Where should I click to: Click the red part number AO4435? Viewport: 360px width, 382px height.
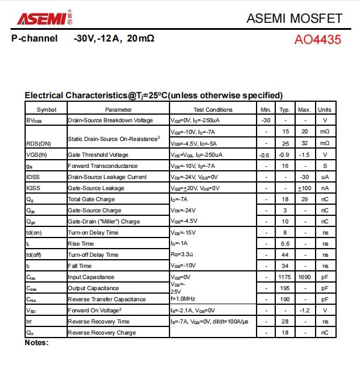click(x=317, y=40)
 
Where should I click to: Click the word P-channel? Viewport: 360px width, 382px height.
click(x=34, y=39)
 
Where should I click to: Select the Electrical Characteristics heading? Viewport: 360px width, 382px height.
click(x=154, y=95)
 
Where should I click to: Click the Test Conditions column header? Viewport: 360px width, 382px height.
click(x=213, y=109)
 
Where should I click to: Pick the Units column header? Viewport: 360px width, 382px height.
click(x=324, y=109)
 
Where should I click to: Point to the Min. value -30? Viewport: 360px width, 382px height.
click(x=266, y=121)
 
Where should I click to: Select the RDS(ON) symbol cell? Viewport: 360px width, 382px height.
click(x=39, y=143)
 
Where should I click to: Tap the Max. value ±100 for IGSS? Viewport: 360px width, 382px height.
click(x=304, y=188)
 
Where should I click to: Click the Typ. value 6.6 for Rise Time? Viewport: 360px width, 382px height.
click(x=285, y=243)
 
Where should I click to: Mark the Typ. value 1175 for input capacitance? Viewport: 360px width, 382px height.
click(x=285, y=277)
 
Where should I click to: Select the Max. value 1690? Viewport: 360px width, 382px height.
click(x=304, y=277)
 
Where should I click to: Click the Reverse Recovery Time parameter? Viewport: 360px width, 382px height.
click(x=99, y=322)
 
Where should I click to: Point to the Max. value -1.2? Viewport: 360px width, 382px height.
click(x=304, y=311)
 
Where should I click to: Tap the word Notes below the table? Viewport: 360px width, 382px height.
click(x=36, y=343)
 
